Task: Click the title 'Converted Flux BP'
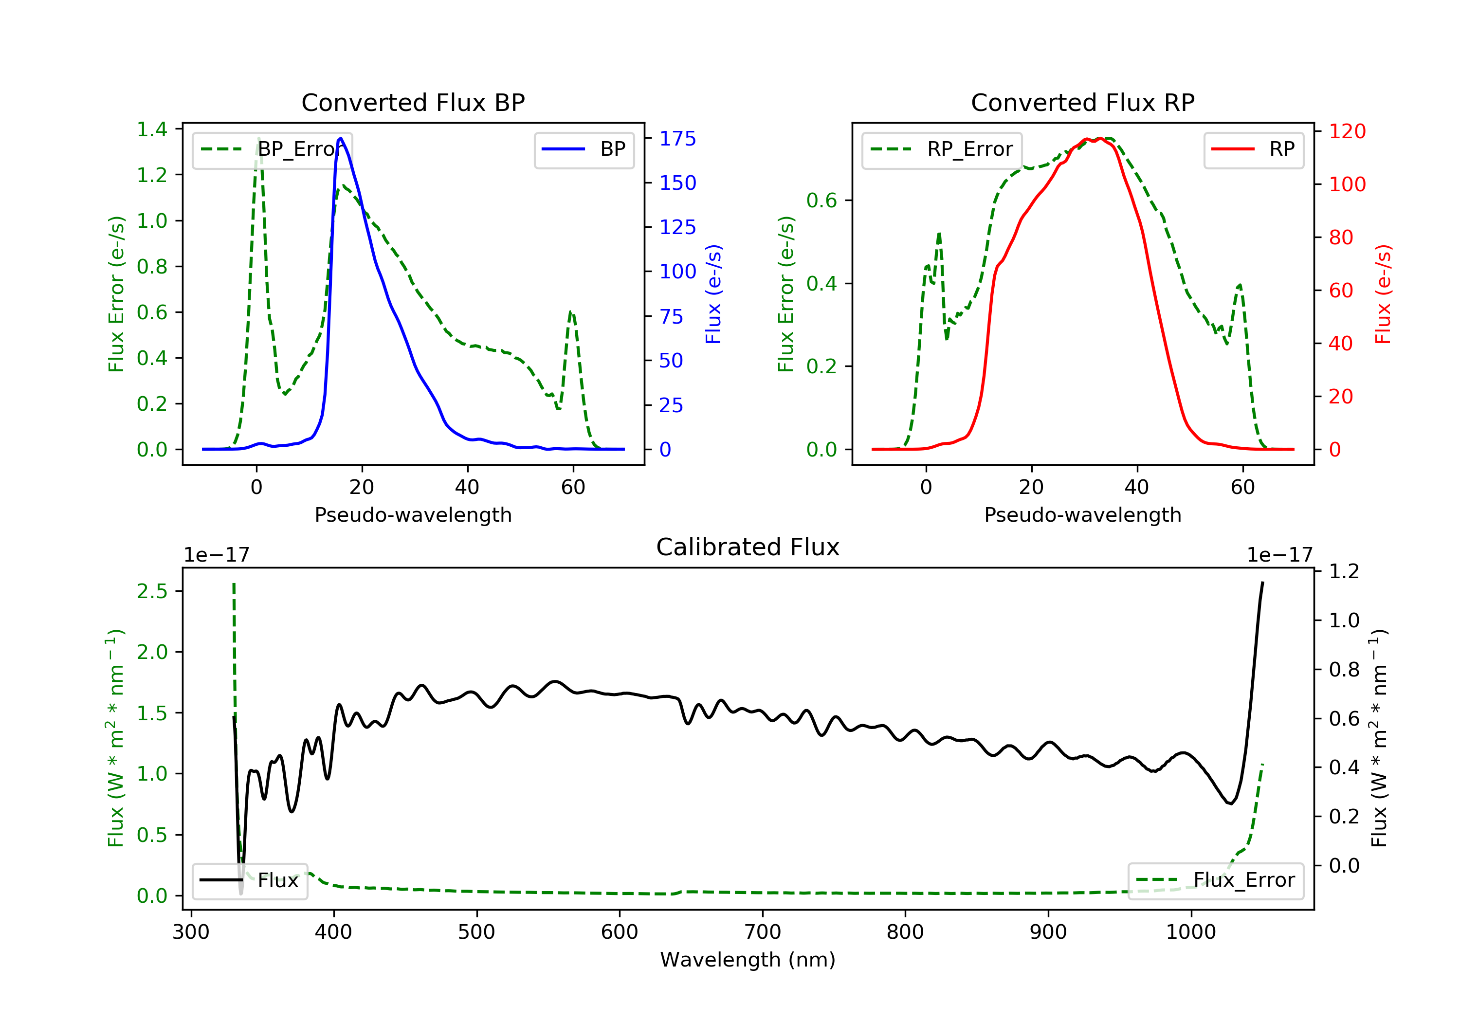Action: pos(413,102)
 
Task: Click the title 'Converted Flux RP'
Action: pos(1083,102)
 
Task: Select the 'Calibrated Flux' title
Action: pos(748,547)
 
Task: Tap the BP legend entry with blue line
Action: pos(584,149)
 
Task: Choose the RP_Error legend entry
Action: pos(942,149)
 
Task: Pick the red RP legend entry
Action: pos(1253,149)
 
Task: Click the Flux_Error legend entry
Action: pos(1215,880)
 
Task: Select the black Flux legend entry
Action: pos(249,880)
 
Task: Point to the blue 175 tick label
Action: pos(678,139)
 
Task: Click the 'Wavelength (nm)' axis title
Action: pos(748,960)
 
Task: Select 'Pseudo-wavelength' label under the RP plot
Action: pos(1083,514)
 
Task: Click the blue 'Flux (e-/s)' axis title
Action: pos(713,294)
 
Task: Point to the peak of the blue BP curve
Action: pos(341,138)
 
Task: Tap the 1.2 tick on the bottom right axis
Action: pos(1344,571)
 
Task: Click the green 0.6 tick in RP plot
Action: pos(821,201)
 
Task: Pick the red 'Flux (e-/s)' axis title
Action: pos(1383,294)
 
